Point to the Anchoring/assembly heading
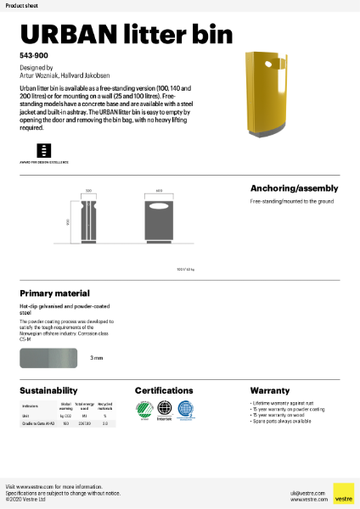tap(294, 187)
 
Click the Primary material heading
tap(54, 293)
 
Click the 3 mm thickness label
tap(97, 358)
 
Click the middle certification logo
tap(164, 411)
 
